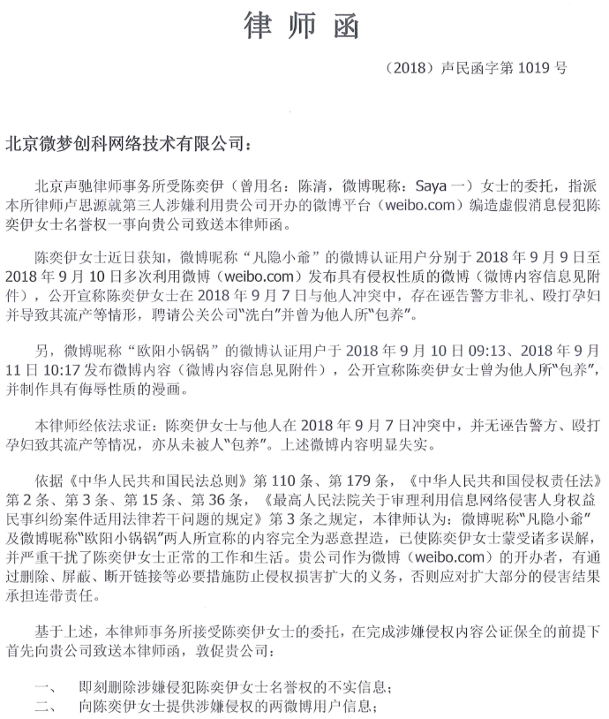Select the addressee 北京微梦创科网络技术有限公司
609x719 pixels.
coord(123,143)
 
